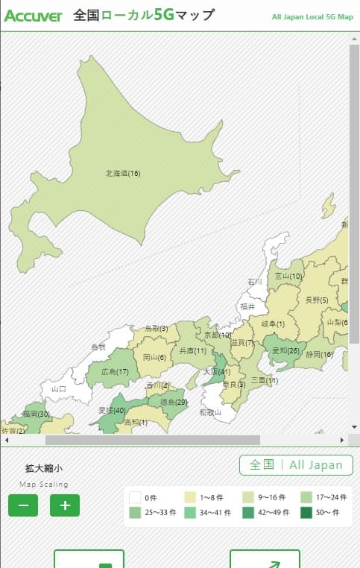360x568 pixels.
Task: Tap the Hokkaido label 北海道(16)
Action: point(123,174)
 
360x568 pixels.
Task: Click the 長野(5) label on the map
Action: point(317,300)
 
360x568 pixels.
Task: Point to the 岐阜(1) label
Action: point(273,324)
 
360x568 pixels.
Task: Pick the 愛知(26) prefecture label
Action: point(285,351)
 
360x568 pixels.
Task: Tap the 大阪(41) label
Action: point(217,371)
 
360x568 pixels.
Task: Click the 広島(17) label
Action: point(115,372)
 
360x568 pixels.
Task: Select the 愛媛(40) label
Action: point(112,411)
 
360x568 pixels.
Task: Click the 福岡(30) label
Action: point(36,414)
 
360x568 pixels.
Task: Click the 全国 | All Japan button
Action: point(296,465)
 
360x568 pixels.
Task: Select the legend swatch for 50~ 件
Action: point(306,513)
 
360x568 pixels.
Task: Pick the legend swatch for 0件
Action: point(135,497)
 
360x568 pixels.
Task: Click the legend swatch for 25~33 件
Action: point(135,513)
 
